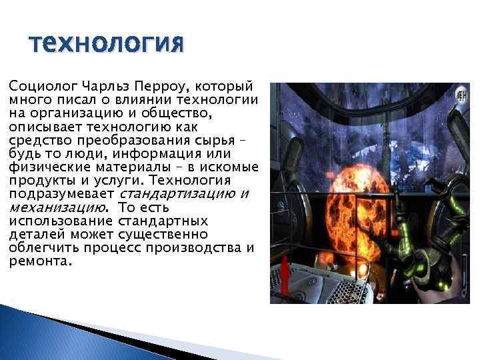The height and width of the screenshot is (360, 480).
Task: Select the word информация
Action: pyautogui.click(x=157, y=153)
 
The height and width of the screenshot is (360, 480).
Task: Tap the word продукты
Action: pyautogui.click(x=36, y=180)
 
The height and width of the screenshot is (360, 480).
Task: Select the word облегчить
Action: pyautogui.click(x=39, y=247)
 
